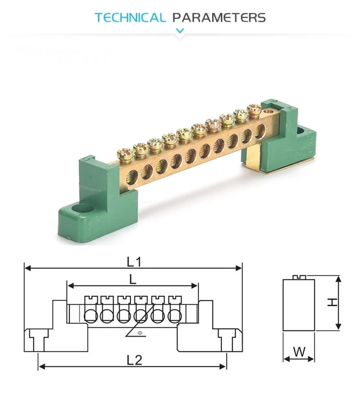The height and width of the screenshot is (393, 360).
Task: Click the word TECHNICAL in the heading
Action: pos(130,18)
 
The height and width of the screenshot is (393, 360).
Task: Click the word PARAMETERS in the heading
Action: pos(219,18)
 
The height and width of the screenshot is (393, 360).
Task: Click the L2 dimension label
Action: pos(135,360)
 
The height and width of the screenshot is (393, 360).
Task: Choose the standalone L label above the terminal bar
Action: pos(133,278)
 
